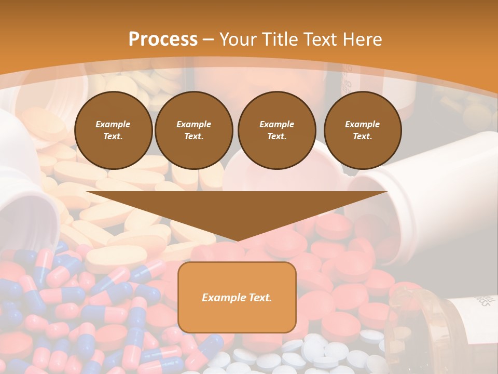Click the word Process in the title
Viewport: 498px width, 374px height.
click(x=163, y=39)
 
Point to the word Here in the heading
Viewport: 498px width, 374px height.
click(x=362, y=39)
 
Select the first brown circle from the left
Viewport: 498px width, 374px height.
click(x=113, y=130)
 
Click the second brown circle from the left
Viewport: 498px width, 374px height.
click(x=194, y=130)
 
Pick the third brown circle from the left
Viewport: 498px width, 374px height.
click(x=276, y=130)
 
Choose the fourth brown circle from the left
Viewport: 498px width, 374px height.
click(x=363, y=130)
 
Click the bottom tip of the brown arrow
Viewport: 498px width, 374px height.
click(x=237, y=240)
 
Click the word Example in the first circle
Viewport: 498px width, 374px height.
click(x=113, y=124)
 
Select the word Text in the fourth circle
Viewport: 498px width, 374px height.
click(x=363, y=137)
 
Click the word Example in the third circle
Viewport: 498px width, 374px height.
click(x=276, y=124)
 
